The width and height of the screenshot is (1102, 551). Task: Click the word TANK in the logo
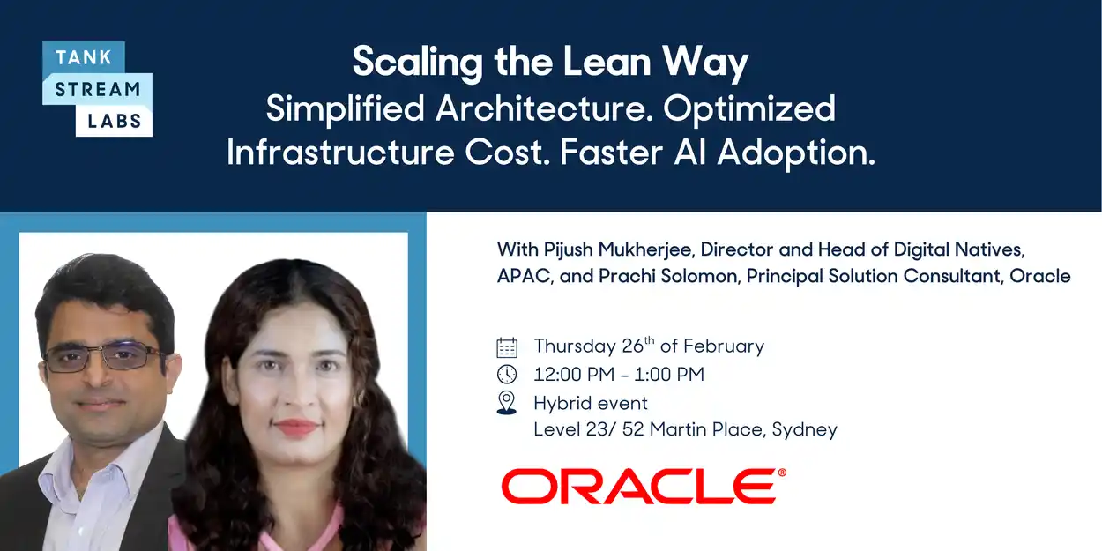(84, 58)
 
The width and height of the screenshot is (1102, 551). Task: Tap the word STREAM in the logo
(97, 90)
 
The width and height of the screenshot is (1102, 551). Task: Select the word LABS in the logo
(115, 121)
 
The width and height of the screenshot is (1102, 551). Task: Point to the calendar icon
(507, 346)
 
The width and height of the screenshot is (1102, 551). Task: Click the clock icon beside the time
(507, 375)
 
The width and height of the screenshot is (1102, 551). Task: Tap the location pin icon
(507, 403)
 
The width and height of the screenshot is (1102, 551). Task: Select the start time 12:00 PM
(573, 375)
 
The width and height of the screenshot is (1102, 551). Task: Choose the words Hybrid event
(591, 403)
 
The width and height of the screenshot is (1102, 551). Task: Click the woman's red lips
(295, 428)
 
